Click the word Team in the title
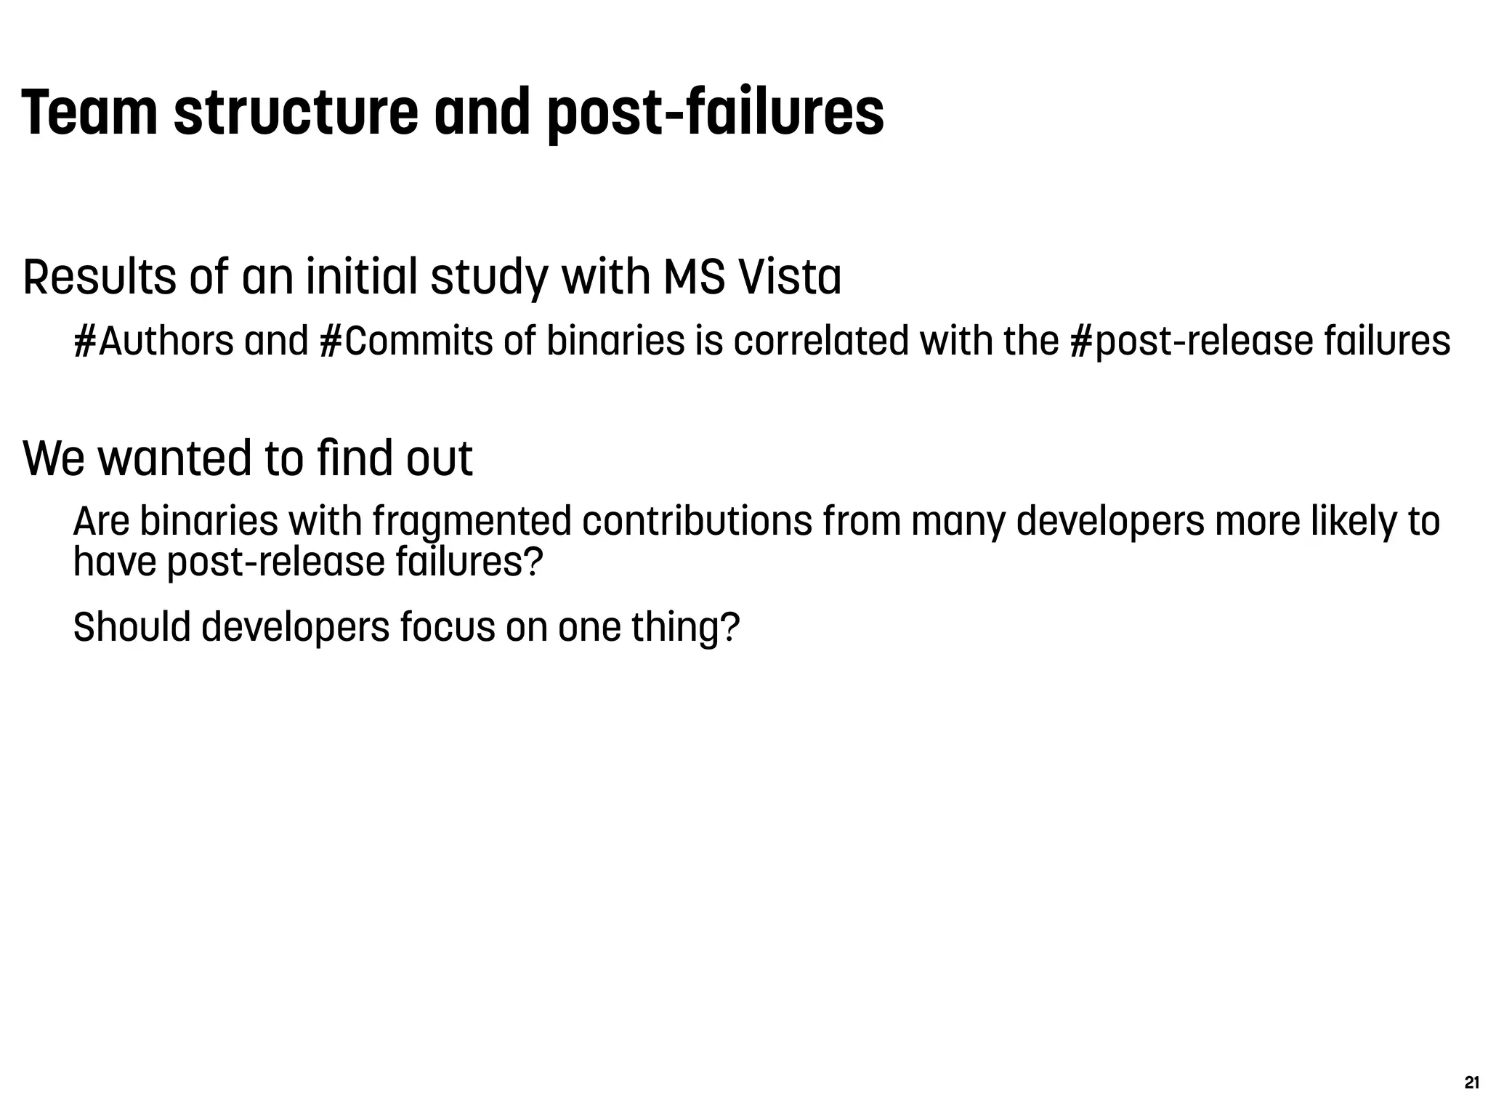[x=90, y=113]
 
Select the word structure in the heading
[x=296, y=113]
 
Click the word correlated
[x=821, y=341]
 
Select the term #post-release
[x=1192, y=342]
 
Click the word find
[x=354, y=458]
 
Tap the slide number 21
[x=1471, y=1083]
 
